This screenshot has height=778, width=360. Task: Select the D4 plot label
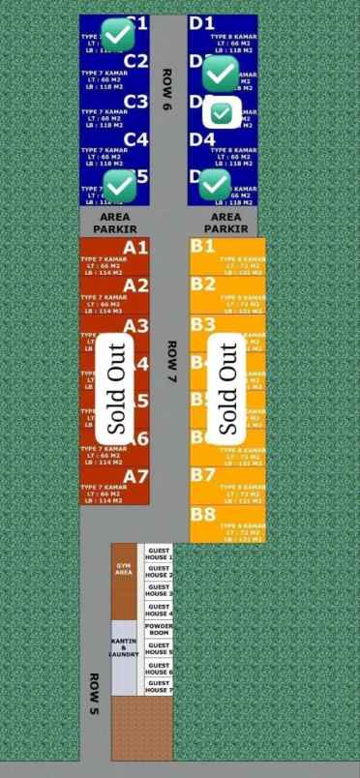202,138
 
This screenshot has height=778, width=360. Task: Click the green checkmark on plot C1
118,34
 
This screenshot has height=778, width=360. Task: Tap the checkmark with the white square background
222,113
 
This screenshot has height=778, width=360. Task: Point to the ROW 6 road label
166,91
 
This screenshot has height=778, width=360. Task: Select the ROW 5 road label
95,694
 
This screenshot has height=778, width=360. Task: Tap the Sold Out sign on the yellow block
228,388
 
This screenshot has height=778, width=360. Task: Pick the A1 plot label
135,247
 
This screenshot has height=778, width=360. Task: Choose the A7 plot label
135,476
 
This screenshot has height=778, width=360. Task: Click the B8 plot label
202,515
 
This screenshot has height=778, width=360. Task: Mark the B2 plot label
202,284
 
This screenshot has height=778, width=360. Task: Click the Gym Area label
124,567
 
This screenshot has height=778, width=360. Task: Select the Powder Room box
159,630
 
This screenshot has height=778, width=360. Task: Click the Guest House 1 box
159,554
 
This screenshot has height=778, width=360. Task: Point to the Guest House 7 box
159,687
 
